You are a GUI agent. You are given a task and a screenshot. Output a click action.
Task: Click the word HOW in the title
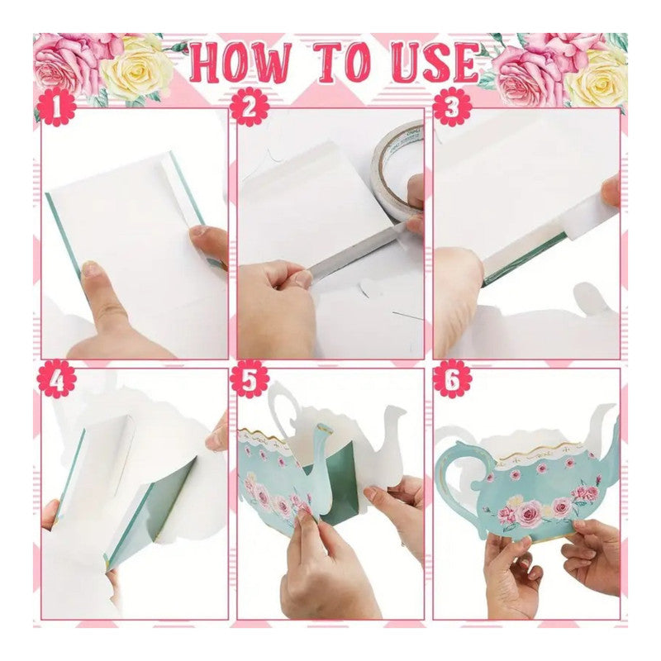coord(240,64)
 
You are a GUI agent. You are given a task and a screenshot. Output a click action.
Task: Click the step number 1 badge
coord(56,107)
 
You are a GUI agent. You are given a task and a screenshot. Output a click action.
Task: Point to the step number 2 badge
coord(250,107)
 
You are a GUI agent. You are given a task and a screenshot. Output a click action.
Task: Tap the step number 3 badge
coord(452,107)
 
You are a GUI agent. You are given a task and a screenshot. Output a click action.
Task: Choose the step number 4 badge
coord(56,378)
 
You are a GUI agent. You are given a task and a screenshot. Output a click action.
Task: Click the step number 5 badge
coord(250,378)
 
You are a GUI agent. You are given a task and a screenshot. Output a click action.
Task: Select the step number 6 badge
coord(452,378)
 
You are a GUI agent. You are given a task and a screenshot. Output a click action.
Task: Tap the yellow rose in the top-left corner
coord(136,72)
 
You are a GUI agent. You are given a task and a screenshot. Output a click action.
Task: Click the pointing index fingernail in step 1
coord(90,269)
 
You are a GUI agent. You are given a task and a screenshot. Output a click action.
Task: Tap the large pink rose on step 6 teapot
coord(530,512)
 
